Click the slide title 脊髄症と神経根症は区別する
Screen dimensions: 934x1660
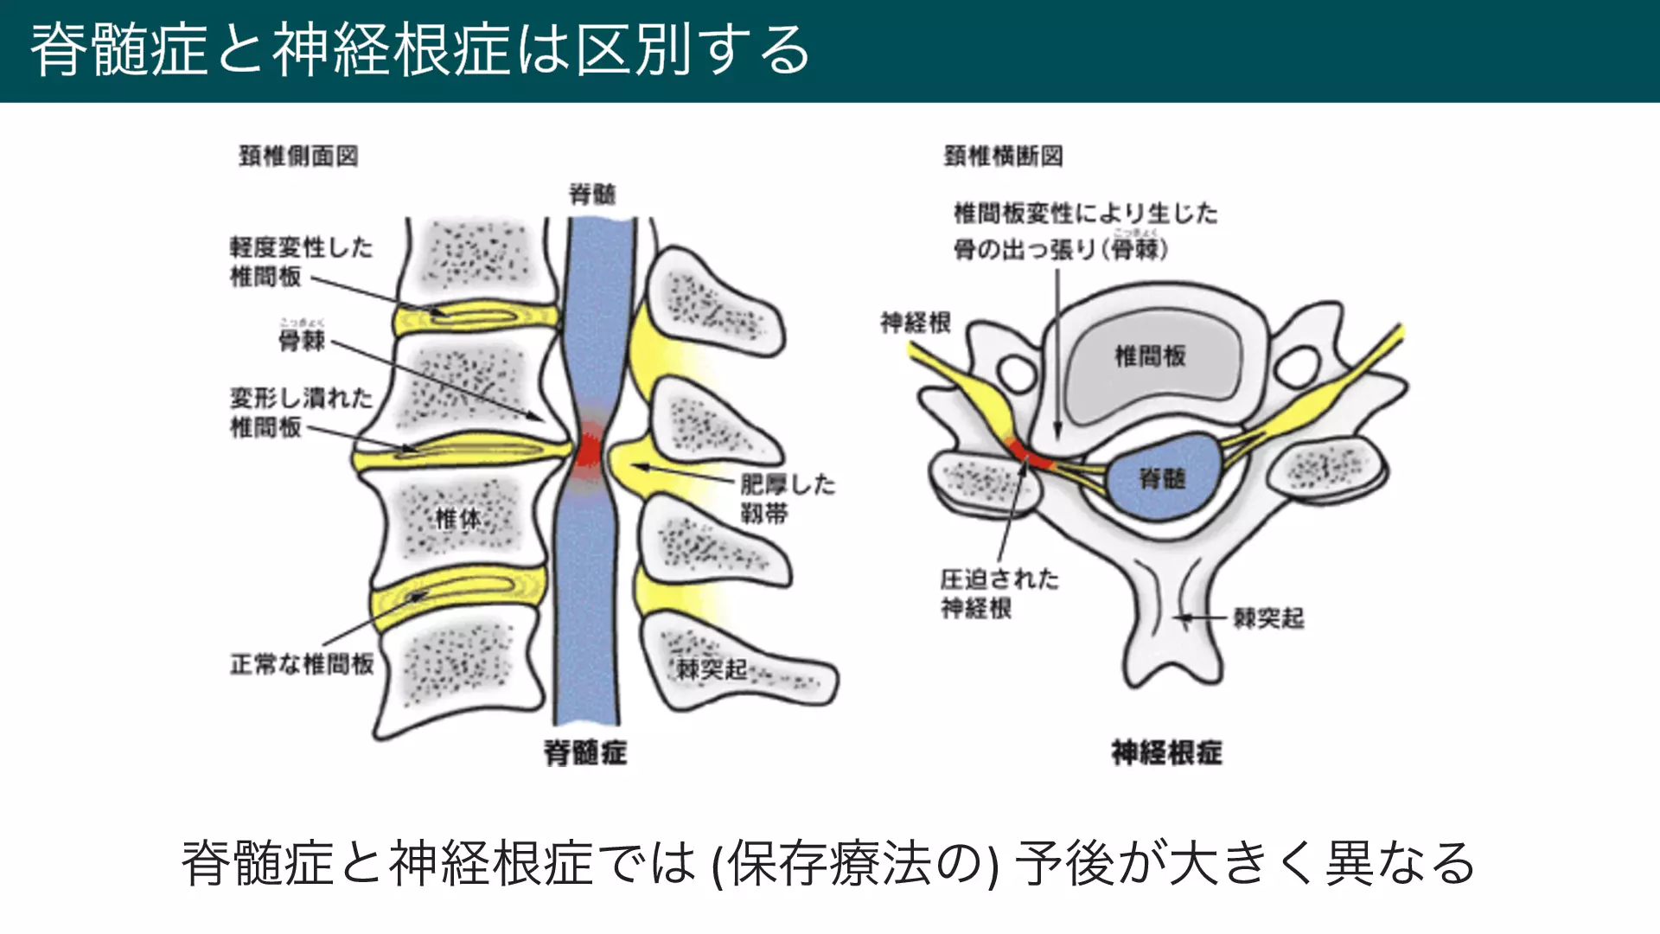420,50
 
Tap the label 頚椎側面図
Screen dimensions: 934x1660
298,156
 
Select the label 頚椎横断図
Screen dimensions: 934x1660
1003,156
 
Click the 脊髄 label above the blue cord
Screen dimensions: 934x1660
592,194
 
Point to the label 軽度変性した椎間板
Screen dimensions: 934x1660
300,261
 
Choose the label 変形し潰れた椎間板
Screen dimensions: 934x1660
300,412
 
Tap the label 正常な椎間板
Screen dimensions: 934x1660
302,664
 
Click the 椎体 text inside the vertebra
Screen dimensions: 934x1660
457,519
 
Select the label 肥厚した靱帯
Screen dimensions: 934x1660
787,498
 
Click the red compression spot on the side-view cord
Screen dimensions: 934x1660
590,450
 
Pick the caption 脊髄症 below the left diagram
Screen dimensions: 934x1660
585,752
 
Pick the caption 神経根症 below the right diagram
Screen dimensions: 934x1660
1166,752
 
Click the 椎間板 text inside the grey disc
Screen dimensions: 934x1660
1150,355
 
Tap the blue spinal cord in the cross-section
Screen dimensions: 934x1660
1163,478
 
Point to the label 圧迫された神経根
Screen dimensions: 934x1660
999,593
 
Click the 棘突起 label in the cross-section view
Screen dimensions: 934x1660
1268,618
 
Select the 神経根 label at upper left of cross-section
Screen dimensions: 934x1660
916,323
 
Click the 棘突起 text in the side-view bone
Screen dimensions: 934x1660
711,669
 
